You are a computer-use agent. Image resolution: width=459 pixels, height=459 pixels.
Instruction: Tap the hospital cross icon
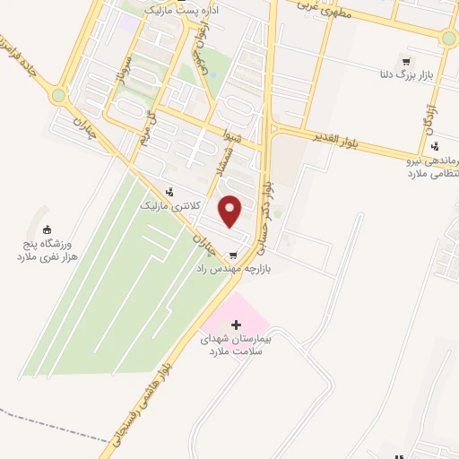237,324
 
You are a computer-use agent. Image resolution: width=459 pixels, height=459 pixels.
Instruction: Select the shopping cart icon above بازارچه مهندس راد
233,254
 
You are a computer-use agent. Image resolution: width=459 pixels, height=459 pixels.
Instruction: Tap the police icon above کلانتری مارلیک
169,191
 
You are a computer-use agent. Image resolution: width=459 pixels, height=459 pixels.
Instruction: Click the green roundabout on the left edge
58,95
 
